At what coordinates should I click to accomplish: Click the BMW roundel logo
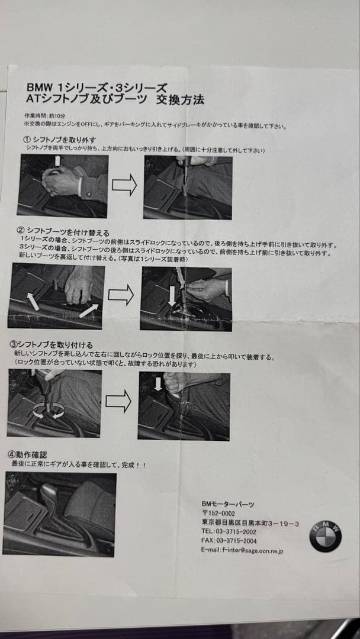click(325, 536)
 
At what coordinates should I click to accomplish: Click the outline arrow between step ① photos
click(124, 186)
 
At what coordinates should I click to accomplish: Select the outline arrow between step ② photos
click(121, 294)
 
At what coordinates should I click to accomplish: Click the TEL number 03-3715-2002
click(229, 531)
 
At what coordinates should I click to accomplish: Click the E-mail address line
click(242, 550)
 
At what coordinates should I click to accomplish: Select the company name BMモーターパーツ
click(228, 504)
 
